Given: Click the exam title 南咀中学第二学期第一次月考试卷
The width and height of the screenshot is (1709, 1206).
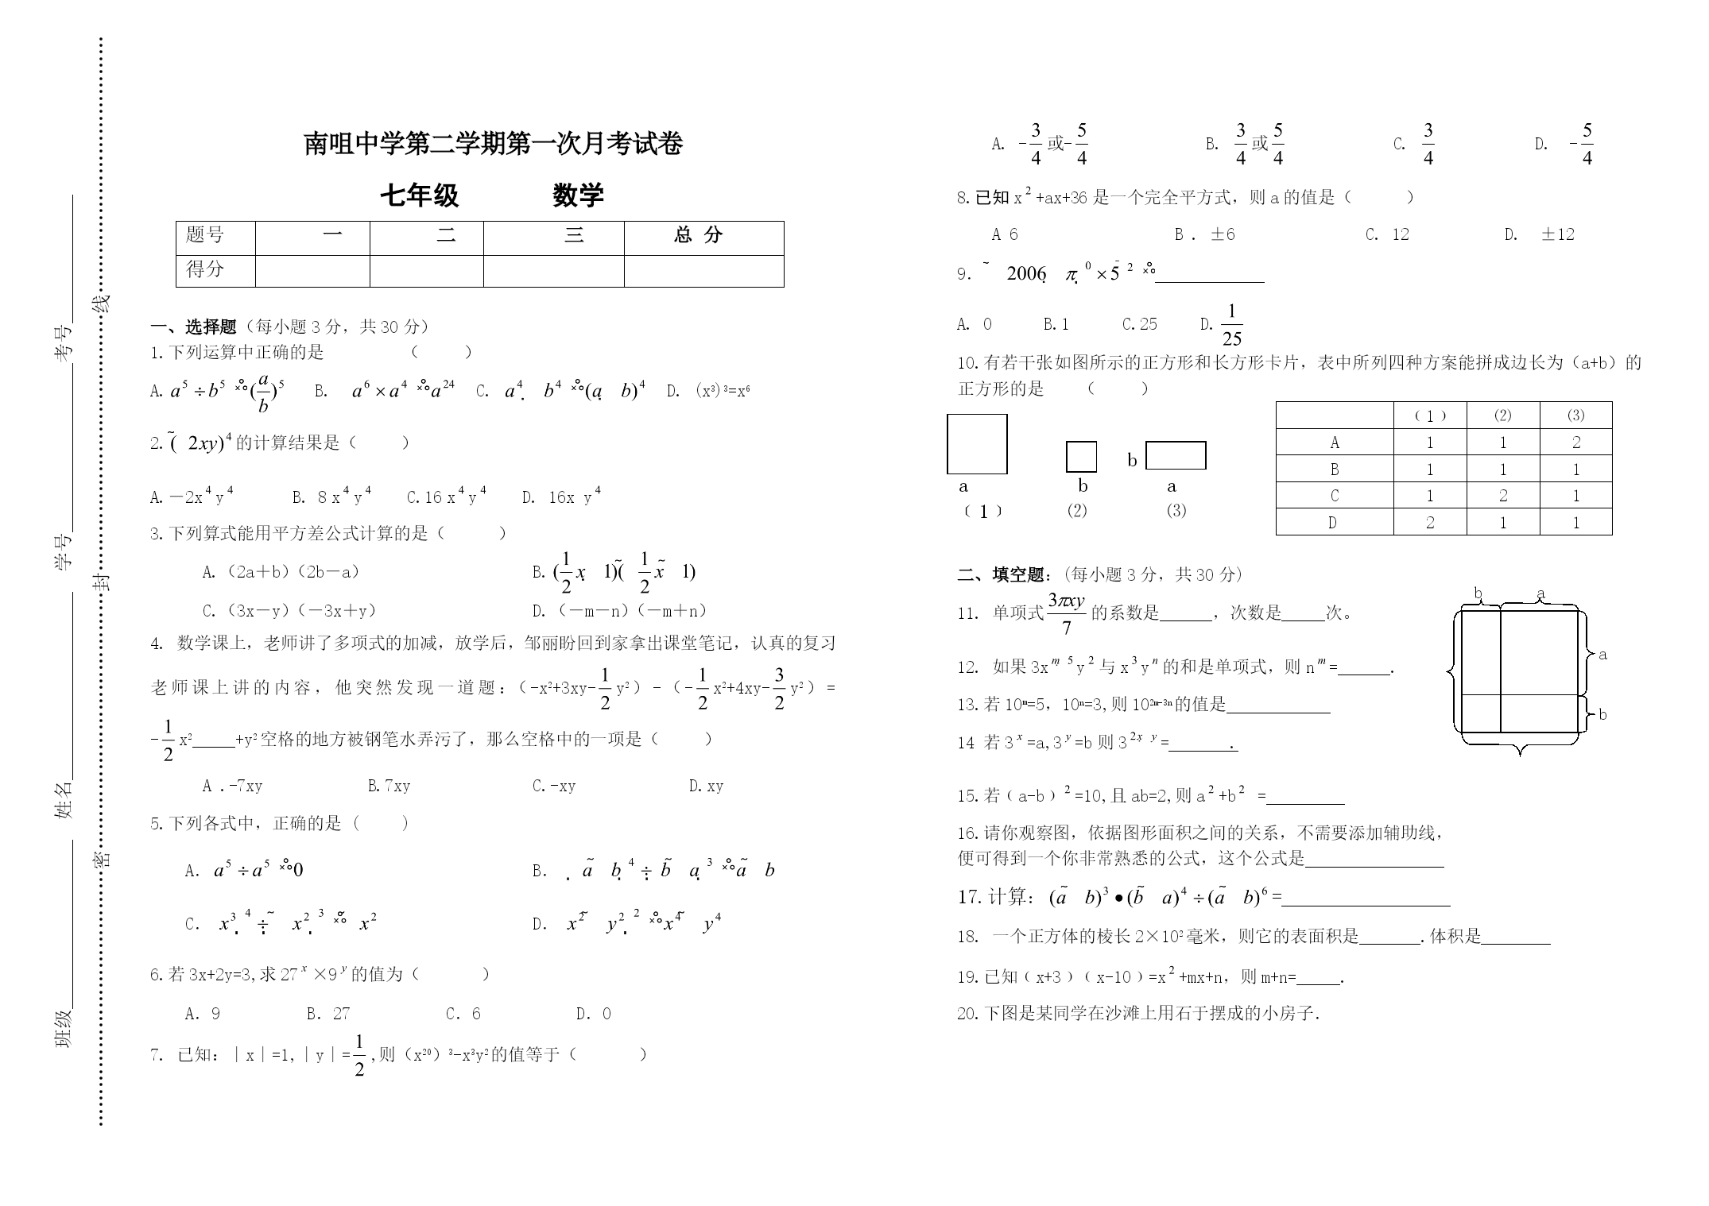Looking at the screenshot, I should pos(494,144).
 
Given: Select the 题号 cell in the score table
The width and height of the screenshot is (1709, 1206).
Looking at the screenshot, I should pos(205,235).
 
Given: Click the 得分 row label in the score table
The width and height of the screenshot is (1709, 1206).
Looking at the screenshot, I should pos(205,269).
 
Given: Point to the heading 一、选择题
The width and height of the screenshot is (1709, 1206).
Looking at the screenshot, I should pos(194,327).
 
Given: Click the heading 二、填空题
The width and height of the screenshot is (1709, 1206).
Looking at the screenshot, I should pos(1001,574).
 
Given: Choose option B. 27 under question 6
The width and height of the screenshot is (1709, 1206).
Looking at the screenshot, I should pos(328,1014).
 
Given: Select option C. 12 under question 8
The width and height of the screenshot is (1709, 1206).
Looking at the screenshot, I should pos(1388,234).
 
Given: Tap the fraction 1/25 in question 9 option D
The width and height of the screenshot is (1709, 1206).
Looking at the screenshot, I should pos(1231,325).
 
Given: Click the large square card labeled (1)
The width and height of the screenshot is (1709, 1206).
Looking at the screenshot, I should pos(977,444).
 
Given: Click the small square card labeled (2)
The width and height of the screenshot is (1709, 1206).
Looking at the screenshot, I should pos(1081,457).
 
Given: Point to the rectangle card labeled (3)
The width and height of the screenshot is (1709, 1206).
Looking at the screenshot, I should pos(1175,456).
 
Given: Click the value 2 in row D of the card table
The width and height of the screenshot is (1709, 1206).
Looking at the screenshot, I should pos(1430,523).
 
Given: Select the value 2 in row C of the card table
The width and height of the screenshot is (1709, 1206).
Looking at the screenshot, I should pos(1503,496).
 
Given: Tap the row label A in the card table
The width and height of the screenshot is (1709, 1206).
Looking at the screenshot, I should pos(1335,443).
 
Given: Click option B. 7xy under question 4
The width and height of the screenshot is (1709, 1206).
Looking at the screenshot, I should pos(389,787).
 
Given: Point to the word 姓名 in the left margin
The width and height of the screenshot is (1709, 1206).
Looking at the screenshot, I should pos(64,799).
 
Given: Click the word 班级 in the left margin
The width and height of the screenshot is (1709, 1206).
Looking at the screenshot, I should pos(64,1028).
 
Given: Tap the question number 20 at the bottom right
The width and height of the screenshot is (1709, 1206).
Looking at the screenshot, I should pos(967,1014).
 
